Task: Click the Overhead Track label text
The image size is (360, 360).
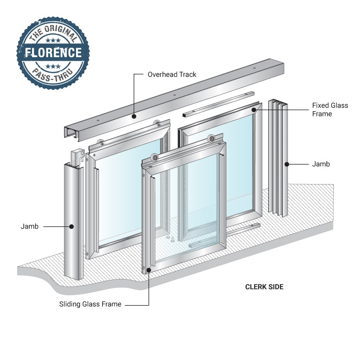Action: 172,74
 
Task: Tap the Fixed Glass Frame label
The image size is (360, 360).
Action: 330,110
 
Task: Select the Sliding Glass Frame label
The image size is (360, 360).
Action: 90,304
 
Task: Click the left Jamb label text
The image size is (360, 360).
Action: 30,226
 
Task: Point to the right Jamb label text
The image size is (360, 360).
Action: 321,164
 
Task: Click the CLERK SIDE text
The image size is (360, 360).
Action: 264,287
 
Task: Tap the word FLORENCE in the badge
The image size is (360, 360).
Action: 54,53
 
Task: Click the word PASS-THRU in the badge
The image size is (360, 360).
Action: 54,73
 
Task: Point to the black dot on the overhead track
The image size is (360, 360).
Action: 134,116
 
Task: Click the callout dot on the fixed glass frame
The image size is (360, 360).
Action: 254,109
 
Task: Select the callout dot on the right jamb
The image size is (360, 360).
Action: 286,164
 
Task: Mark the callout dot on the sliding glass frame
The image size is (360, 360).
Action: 149,270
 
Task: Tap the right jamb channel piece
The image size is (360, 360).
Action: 278,157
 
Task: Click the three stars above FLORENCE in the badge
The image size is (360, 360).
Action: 54,41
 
